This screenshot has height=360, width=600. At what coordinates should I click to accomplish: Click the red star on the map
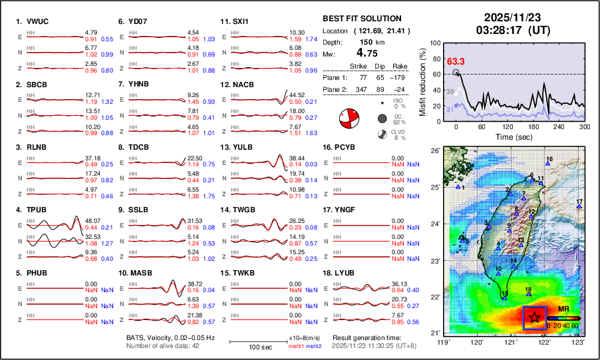[534, 317]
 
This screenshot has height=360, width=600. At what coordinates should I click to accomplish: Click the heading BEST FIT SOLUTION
[362, 19]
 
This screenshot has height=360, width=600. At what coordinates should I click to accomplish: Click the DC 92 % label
[400, 118]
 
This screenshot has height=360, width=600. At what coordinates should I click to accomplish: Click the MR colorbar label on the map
[563, 310]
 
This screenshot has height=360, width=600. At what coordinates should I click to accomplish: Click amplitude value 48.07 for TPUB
[92, 220]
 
